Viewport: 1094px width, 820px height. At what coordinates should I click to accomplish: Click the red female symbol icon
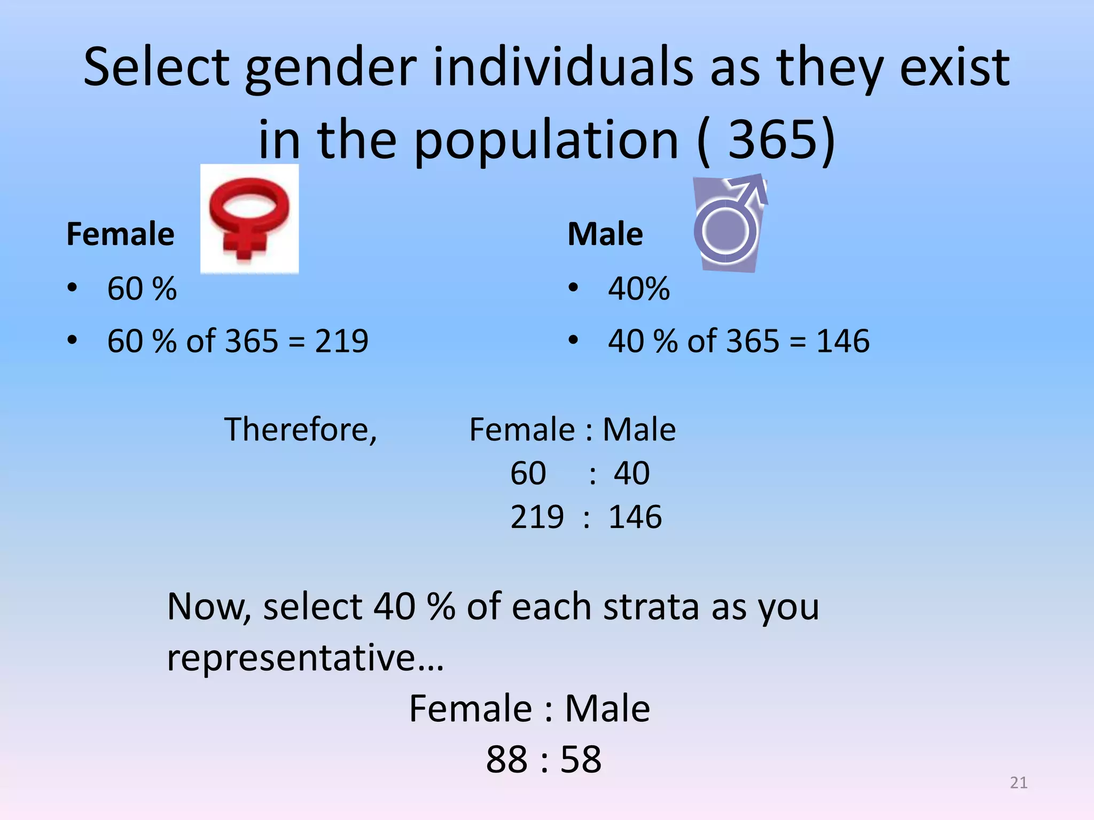tap(249, 219)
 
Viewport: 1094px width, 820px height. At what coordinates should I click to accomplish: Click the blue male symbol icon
tap(730, 223)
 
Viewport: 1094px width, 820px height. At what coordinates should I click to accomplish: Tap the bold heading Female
tap(120, 234)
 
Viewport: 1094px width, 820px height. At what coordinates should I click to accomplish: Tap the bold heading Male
tap(605, 234)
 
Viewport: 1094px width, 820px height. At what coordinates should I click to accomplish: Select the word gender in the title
tap(330, 68)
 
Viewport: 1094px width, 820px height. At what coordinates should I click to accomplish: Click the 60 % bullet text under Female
tap(142, 289)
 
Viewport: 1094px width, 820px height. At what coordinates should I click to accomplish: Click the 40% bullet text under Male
tap(638, 289)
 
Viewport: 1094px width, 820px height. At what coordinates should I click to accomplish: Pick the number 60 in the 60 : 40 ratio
tap(528, 473)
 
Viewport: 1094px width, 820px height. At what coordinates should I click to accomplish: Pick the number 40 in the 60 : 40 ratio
tap(631, 473)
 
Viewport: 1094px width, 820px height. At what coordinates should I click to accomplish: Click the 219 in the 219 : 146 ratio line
tap(536, 517)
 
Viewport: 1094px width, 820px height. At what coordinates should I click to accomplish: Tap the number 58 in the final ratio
tap(581, 759)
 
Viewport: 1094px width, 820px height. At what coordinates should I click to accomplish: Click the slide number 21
tap(1018, 783)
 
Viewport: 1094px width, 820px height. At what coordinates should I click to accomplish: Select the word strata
tap(651, 608)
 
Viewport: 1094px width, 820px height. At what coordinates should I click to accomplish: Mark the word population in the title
tap(545, 140)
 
